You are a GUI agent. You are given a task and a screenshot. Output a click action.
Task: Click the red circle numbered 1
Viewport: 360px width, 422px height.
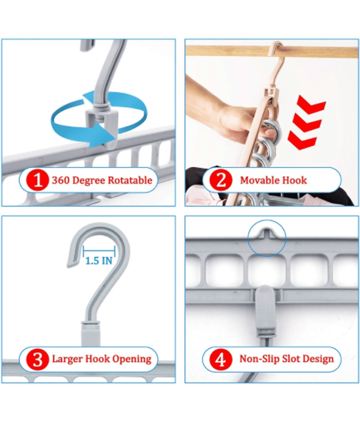pos(37,180)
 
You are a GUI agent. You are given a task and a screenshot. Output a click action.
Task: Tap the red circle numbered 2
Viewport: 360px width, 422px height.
pos(221,180)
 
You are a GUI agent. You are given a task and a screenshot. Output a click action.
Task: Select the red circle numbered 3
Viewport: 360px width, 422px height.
pos(37,359)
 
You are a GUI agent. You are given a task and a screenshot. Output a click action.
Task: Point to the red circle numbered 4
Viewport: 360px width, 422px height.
pos(220,359)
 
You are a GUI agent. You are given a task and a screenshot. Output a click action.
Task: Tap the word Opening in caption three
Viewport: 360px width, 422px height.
pos(132,359)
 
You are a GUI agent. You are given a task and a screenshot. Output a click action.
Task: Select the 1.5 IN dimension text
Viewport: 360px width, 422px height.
pos(99,261)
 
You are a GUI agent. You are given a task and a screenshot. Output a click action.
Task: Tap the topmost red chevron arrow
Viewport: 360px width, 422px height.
pos(312,104)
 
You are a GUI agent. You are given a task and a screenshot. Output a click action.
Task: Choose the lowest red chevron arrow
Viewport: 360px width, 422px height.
pos(302,140)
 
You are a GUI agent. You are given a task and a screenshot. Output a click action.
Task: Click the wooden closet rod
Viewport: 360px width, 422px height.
pos(272,51)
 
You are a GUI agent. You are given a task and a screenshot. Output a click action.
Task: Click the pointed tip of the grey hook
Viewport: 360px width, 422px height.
pos(69,266)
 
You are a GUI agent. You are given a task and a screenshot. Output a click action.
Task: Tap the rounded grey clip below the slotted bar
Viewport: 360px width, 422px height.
pos(266,310)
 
